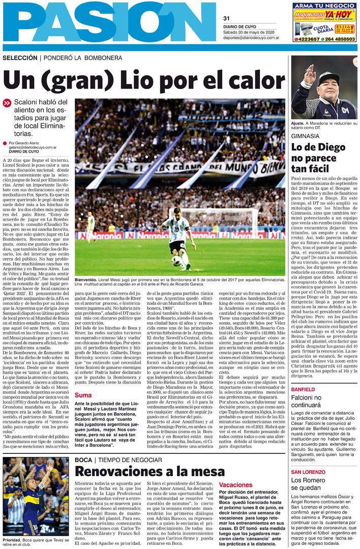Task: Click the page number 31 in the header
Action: point(226,18)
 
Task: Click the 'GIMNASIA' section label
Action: point(305,136)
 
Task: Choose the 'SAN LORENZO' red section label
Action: point(309,472)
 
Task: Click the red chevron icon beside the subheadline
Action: point(7,103)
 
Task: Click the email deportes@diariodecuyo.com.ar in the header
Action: point(251,38)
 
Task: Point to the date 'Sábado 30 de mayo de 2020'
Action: point(251,32)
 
